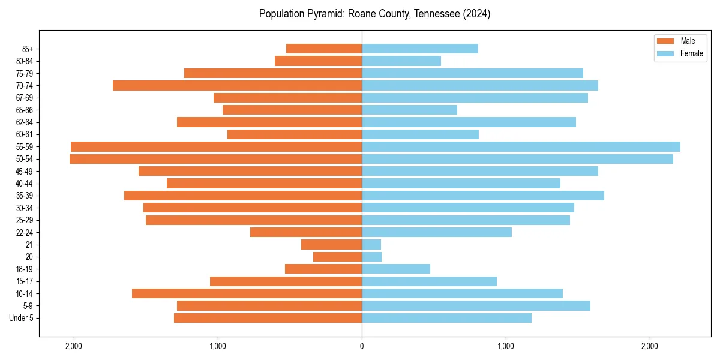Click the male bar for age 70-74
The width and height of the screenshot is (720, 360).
point(237,86)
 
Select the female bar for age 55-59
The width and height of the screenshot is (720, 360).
point(521,147)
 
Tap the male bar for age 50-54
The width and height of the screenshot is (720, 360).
point(215,159)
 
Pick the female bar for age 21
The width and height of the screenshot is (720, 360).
point(371,245)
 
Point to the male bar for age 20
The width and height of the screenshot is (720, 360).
point(337,257)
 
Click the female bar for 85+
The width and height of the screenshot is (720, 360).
point(420,49)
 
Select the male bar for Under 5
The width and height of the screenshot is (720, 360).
point(268,318)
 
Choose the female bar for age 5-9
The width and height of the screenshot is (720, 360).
point(476,306)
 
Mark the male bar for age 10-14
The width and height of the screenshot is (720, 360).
point(247,293)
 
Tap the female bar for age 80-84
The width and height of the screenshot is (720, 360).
point(401,61)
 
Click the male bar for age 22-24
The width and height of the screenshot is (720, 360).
point(306,232)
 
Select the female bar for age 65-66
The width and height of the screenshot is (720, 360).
point(409,110)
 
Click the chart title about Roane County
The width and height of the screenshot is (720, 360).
point(375,14)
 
